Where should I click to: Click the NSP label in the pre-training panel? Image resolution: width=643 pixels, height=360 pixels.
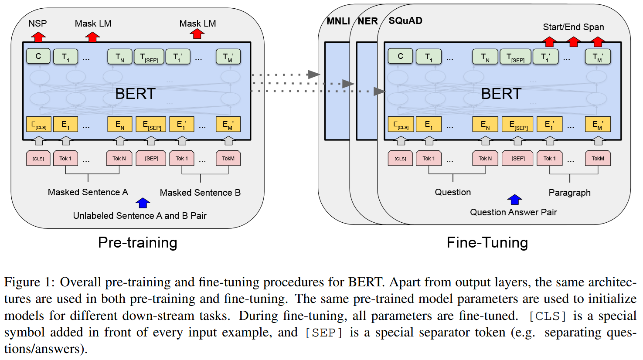point(37,23)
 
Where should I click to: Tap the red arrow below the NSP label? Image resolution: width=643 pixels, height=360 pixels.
point(38,37)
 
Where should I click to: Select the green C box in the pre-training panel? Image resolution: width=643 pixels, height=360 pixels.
point(38,56)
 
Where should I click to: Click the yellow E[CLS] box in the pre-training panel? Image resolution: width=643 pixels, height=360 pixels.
point(38,124)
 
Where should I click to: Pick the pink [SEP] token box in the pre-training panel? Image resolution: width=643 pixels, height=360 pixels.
point(151,158)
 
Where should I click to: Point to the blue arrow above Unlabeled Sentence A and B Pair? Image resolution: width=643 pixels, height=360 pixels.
point(143,203)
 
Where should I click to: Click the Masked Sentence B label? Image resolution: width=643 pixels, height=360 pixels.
point(200,192)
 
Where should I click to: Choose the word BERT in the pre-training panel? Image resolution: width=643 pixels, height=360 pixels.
point(135,94)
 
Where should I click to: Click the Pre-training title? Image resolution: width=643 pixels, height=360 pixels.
point(137,243)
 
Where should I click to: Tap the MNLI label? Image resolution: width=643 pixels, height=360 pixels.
point(338,21)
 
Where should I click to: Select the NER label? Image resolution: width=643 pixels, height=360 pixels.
point(368,21)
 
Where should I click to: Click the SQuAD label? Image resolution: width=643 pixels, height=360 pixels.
point(405,20)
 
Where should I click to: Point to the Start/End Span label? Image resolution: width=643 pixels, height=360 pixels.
point(573,27)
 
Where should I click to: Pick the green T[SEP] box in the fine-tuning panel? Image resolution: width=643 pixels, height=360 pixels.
point(516,57)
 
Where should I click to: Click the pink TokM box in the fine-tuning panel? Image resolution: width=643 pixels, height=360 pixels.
point(598,158)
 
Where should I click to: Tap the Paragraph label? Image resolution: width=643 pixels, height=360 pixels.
point(569,192)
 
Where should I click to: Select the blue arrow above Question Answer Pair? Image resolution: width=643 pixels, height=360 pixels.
point(515,200)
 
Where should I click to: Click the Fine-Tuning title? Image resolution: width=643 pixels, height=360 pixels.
point(487,243)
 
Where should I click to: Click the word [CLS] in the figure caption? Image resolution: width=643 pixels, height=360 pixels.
point(548,316)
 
